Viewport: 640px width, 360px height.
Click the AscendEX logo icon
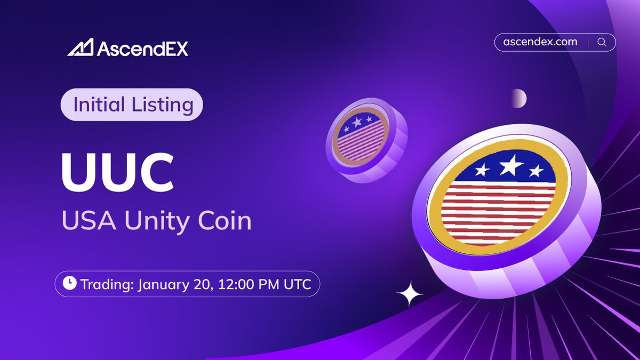[81, 48]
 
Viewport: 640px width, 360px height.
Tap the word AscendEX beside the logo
[142, 49]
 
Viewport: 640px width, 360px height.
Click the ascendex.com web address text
[540, 42]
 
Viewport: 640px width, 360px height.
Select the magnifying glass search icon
[602, 43]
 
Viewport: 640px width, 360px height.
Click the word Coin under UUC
[222, 220]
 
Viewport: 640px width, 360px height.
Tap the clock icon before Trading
[69, 284]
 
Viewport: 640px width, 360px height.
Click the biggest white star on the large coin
[510, 166]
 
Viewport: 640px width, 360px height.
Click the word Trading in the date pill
[107, 284]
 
